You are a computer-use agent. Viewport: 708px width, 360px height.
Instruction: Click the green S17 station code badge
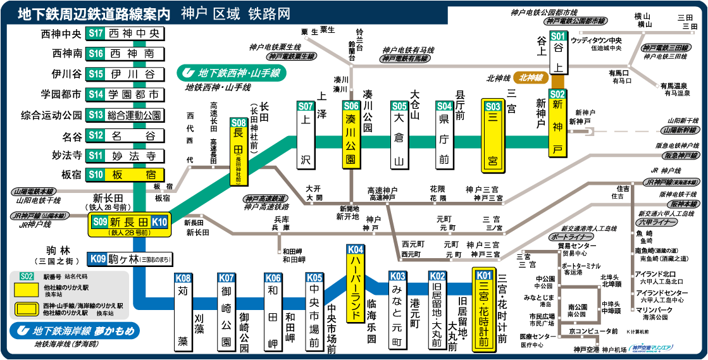pos(96,34)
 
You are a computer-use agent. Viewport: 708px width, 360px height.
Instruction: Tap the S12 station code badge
pos(96,135)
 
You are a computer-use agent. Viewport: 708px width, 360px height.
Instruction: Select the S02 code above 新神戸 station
pos(558,94)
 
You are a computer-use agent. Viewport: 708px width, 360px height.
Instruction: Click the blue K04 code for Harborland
pos(356,249)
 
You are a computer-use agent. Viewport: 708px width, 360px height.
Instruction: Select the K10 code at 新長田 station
pos(159,221)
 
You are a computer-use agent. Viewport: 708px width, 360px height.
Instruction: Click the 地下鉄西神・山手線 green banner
pos(232,73)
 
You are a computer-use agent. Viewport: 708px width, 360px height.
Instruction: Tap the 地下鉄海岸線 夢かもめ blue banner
pos(75,330)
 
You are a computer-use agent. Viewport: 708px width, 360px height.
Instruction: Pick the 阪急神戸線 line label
pos(680,155)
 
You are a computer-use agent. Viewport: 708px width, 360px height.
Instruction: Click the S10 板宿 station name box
pos(134,175)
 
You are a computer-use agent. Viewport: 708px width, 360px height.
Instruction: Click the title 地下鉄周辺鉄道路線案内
pos(94,13)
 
